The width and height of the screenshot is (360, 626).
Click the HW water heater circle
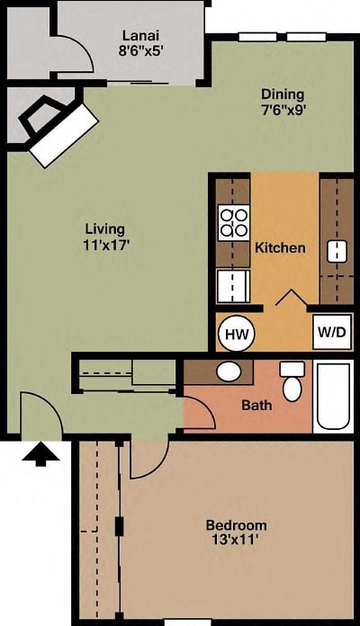[236, 334]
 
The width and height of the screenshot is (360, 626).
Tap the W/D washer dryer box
[331, 332]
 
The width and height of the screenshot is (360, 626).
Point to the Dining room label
[283, 94]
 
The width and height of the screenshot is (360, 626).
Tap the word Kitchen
[280, 247]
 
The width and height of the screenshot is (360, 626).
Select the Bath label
[256, 405]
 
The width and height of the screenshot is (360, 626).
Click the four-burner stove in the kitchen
[234, 221]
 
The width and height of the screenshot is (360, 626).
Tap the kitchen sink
[337, 251]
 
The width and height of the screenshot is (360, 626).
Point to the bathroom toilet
[292, 383]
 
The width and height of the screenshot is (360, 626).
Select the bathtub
[333, 397]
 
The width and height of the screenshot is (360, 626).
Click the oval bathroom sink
[229, 371]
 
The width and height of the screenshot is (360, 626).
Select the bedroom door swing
[147, 459]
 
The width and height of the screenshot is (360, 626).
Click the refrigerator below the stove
[232, 287]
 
